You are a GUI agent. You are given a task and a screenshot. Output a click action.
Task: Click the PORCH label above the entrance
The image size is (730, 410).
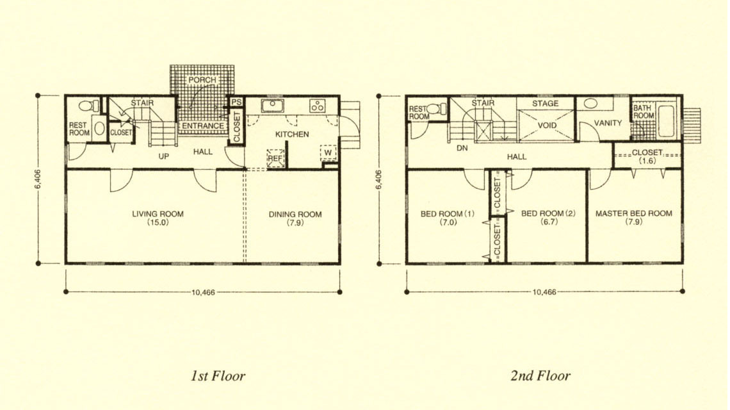point(202,80)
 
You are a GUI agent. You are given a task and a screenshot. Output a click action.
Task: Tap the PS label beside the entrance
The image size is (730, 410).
point(236,102)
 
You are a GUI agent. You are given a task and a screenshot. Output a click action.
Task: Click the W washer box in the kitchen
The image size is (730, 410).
point(328,152)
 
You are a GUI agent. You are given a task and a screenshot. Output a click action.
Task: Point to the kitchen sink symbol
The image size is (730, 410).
point(272,105)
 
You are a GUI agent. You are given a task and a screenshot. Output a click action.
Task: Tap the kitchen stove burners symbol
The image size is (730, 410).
point(318,106)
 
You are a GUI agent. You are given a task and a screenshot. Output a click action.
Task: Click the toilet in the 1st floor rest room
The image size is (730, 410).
point(89,106)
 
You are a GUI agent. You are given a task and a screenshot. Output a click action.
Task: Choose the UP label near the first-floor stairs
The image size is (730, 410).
point(163,156)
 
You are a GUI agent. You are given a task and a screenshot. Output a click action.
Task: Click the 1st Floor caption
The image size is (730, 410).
point(218,375)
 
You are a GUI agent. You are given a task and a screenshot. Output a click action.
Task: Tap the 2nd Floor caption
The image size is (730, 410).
point(540,375)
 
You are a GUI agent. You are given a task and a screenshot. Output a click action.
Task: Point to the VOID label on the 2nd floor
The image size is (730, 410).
point(547,126)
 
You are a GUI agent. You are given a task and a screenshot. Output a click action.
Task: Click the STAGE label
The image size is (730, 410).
point(545,103)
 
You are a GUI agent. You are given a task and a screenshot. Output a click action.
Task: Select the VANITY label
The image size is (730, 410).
point(608,123)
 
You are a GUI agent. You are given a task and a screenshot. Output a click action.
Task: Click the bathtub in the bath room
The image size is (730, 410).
point(666,121)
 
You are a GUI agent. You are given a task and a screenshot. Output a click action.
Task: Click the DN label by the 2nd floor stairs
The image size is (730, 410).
point(462,148)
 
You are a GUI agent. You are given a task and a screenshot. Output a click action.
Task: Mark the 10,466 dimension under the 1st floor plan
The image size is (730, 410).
point(203,293)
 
